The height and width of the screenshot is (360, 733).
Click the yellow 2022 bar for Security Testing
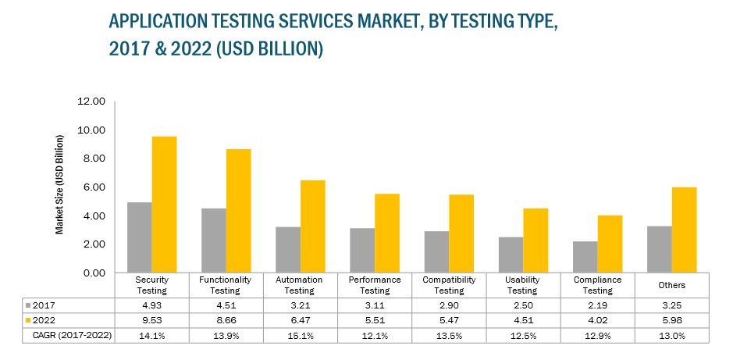point(164,205)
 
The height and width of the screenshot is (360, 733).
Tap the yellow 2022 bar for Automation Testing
point(312,226)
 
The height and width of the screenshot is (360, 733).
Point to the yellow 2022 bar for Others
point(684,230)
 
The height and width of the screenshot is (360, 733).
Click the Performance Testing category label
point(374,284)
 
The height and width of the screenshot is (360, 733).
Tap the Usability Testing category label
point(522,284)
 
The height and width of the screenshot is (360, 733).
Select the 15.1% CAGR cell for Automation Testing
point(300,337)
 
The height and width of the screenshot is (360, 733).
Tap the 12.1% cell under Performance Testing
point(374,337)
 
